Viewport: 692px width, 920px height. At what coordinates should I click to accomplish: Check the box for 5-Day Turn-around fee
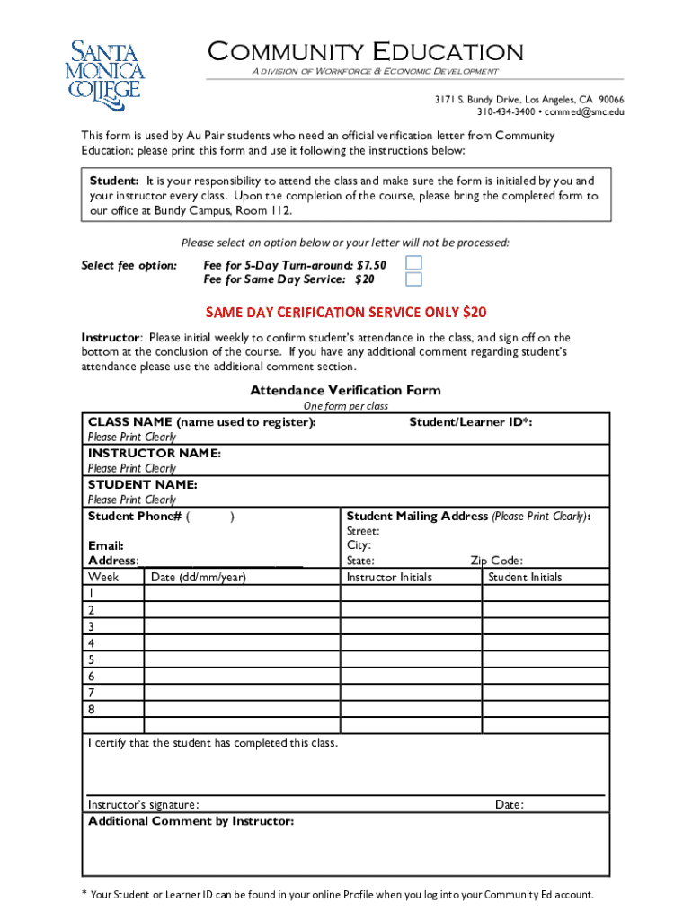point(413,263)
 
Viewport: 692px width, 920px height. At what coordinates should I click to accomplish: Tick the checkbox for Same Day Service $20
point(413,279)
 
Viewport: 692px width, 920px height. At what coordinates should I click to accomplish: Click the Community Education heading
point(365,52)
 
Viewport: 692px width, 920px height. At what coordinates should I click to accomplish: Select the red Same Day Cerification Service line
point(346,312)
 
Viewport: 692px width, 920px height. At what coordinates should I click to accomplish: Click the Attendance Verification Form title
point(345,390)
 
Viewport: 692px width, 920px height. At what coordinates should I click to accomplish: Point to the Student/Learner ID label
point(470,421)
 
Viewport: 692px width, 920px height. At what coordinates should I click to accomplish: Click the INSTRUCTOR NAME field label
point(154,453)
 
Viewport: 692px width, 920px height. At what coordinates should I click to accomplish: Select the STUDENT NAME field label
point(142,484)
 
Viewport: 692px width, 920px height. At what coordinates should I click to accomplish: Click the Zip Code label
point(496,561)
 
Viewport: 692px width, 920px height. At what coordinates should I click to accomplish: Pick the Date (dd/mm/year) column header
point(199,577)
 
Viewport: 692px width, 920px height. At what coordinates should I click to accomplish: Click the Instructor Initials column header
point(389,577)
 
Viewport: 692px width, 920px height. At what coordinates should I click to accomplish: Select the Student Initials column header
point(525,577)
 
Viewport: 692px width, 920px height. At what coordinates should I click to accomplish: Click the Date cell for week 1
point(242,594)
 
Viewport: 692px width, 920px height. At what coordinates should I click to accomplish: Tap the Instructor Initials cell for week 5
point(411,659)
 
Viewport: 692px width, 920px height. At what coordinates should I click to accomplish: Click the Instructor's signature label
point(144,804)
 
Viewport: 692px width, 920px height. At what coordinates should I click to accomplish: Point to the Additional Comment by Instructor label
point(191,821)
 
